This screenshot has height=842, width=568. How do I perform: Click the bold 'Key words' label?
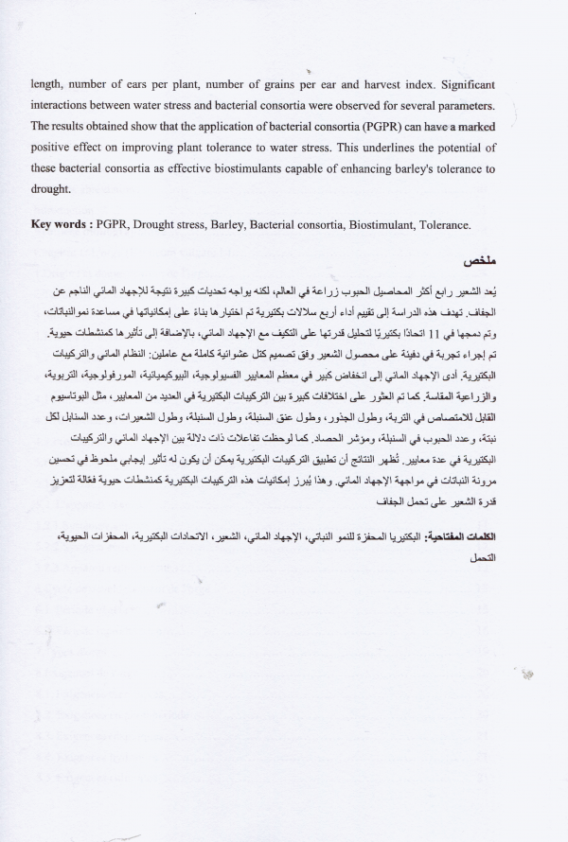tap(62, 224)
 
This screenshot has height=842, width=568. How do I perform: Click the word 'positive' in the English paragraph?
tap(52, 148)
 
